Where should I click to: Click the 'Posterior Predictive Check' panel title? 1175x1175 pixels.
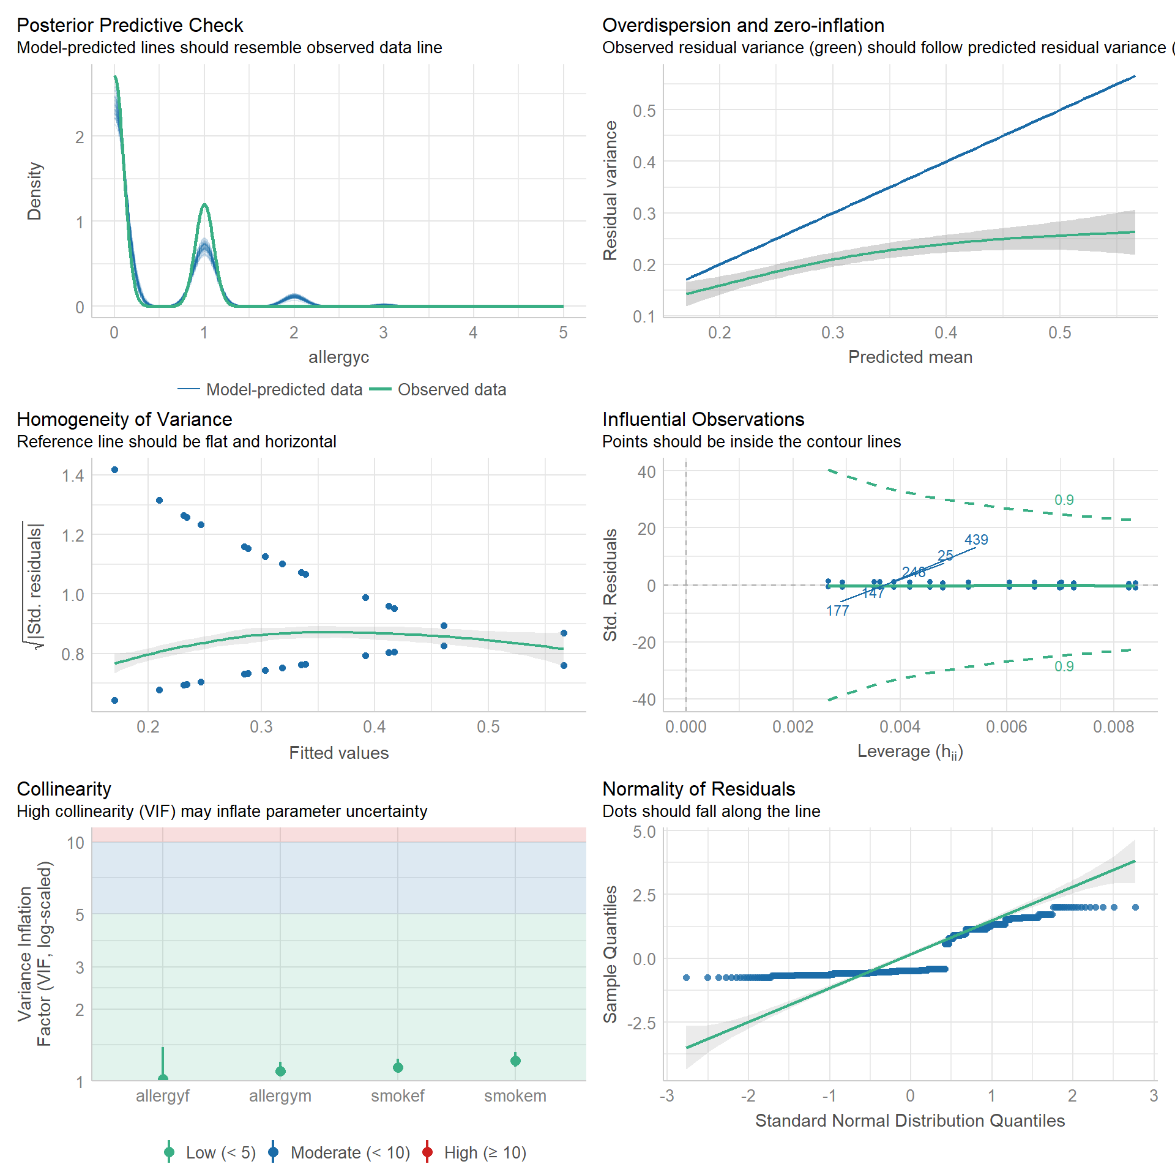click(x=130, y=25)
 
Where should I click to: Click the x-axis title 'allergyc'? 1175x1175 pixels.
click(x=338, y=357)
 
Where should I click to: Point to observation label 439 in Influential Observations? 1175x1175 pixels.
click(x=976, y=540)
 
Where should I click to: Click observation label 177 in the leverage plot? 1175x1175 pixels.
click(x=837, y=611)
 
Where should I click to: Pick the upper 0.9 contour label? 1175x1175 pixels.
click(x=1064, y=500)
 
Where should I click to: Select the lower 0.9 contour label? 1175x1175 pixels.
click(x=1064, y=666)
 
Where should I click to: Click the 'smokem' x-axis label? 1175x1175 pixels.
click(x=515, y=1096)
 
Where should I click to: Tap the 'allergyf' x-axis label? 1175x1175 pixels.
click(x=162, y=1096)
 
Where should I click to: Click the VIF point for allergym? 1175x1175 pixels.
click(x=280, y=1071)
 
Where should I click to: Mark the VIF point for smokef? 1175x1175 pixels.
click(x=398, y=1068)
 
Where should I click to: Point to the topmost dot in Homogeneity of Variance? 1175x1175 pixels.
click(x=114, y=470)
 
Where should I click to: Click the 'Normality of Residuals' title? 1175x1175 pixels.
click(x=698, y=789)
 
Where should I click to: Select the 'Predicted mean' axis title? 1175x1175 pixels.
click(x=910, y=357)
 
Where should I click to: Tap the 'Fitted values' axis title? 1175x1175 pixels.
click(x=338, y=753)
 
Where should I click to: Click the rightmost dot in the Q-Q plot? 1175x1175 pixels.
click(x=1135, y=908)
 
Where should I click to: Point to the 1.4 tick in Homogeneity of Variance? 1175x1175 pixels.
click(x=73, y=476)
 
